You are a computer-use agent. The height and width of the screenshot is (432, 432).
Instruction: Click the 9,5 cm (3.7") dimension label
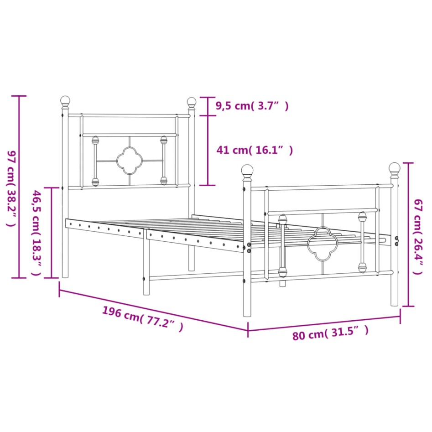coord(252,106)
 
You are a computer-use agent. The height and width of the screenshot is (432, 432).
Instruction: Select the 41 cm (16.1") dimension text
coord(255,150)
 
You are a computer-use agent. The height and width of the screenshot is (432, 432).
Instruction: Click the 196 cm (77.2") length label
coord(142,318)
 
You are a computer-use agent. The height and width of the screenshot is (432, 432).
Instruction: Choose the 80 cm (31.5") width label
coord(330,333)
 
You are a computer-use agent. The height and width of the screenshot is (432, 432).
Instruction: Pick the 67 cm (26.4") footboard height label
coord(417,236)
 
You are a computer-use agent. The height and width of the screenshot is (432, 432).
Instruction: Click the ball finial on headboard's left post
coord(66,100)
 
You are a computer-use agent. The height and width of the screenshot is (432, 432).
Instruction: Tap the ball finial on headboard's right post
coord(192,101)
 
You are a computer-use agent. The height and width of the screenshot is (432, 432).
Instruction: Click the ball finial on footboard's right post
coord(394,168)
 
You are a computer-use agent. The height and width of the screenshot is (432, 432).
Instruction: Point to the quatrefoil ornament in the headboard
coord(130,160)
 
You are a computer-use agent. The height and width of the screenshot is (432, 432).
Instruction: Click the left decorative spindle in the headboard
coord(95,161)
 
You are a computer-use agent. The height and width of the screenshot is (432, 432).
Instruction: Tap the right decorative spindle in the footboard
coord(362,242)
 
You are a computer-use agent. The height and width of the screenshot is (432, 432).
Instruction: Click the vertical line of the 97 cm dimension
coord(19,187)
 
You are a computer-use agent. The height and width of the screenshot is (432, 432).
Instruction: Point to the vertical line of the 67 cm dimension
coord(408,234)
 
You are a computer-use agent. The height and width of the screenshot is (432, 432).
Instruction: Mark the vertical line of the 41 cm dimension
coord(208,141)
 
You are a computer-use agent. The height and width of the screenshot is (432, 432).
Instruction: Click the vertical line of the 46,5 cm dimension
coord(52,232)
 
